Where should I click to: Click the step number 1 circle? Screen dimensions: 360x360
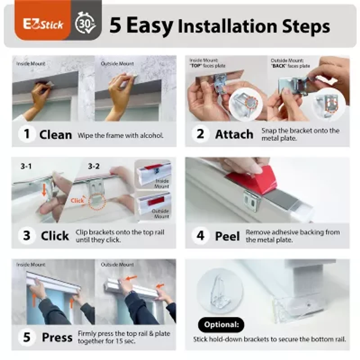pos(27,134)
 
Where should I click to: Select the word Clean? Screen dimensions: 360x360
pos(55,135)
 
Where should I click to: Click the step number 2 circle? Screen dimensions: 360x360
pos(200,134)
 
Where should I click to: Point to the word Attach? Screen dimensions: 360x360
pos(234,134)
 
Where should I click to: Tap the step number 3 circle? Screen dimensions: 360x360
pos(27,235)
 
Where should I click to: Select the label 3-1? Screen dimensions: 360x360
pos(26,166)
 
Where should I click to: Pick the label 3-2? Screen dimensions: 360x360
pos(94,166)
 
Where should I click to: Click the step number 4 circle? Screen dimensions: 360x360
pos(200,235)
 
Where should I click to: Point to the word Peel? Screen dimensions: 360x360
pos(227,236)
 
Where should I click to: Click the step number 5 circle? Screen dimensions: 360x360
pos(27,337)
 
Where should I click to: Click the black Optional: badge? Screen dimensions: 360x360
pos(221,324)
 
